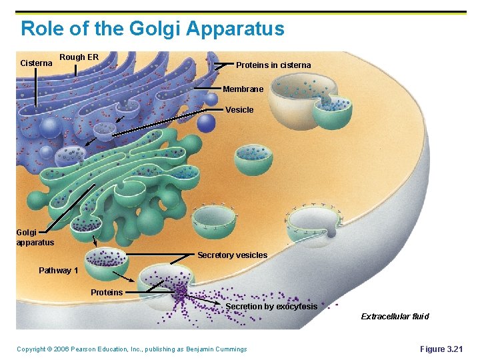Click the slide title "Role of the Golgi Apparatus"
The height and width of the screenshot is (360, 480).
[x=152, y=29]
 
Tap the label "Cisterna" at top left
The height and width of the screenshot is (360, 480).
[x=36, y=63]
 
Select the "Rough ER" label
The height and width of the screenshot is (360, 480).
[x=79, y=57]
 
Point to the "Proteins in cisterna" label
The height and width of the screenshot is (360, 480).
[x=273, y=65]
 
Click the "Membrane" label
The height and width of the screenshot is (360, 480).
[x=243, y=89]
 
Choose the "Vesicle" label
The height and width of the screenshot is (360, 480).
[x=239, y=110]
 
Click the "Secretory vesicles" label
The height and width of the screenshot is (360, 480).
[x=232, y=255]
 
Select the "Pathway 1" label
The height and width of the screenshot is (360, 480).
[x=58, y=271]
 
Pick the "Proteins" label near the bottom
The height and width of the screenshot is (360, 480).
[x=107, y=293]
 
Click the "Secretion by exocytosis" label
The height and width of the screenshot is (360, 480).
[x=271, y=307]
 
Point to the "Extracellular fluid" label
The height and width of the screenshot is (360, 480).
[x=395, y=317]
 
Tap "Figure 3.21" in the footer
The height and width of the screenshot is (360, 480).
[x=441, y=349]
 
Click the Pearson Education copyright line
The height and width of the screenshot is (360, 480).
[x=131, y=349]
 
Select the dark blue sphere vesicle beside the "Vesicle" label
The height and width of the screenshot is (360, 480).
[x=207, y=123]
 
